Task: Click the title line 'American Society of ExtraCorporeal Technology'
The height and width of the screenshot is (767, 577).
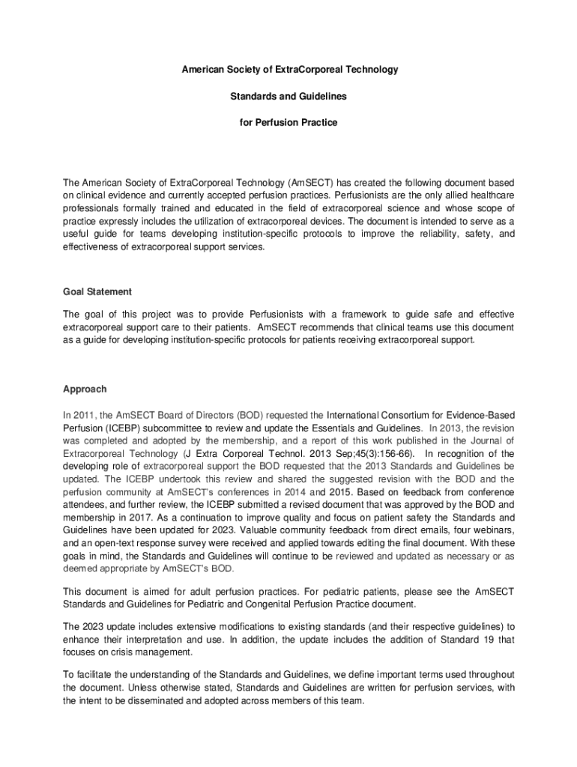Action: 288,70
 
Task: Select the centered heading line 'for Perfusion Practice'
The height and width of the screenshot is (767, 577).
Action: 288,123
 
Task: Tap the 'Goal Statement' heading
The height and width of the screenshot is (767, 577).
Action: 97,291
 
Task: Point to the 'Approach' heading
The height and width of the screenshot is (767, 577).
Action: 85,389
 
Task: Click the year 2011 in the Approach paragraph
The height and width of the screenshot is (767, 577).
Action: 85,414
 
